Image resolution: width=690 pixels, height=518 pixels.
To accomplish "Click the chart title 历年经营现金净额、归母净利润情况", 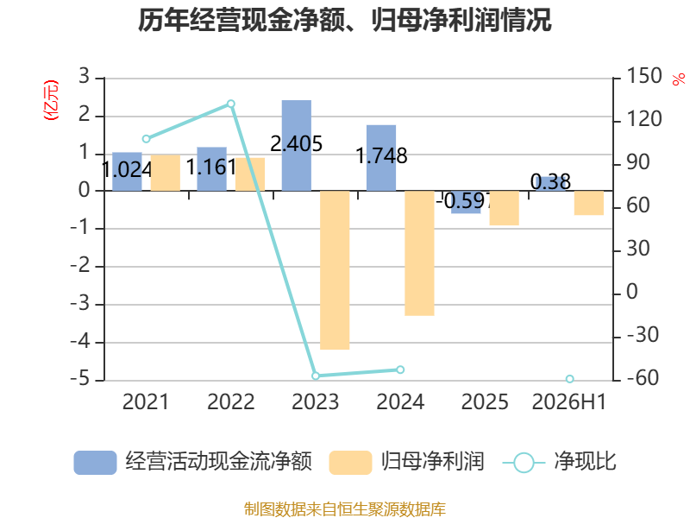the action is (344, 20).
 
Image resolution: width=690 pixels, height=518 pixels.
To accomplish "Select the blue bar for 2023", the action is (297, 145).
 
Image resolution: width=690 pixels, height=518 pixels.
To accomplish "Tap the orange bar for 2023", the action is (335, 270).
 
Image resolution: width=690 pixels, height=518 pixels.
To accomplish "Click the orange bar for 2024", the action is (419, 253).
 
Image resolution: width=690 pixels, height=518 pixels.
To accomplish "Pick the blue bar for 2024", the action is (381, 158).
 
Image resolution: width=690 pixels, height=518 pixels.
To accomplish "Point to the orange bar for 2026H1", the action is (589, 203).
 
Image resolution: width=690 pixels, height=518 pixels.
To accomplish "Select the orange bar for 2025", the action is (505, 208).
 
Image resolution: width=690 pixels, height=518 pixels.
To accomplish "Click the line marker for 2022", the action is (230, 104).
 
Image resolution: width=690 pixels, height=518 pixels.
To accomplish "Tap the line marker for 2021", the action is (146, 139).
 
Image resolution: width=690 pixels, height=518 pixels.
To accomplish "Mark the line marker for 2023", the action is (316, 376).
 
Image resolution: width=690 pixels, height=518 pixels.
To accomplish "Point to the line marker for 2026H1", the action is (569, 379).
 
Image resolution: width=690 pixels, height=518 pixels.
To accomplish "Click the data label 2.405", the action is (296, 143).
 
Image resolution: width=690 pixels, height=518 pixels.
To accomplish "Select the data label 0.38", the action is (550, 181).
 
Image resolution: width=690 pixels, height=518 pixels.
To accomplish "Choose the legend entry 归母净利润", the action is (406, 462).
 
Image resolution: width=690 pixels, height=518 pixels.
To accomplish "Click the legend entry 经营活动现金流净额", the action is (192, 462).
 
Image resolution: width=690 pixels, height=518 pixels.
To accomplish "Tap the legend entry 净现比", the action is (559, 462).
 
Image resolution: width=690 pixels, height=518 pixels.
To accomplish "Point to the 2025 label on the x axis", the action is (485, 401).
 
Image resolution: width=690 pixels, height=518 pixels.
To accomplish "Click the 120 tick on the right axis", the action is (643, 119).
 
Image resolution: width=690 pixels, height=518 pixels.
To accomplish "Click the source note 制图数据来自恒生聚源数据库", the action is (344, 509).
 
